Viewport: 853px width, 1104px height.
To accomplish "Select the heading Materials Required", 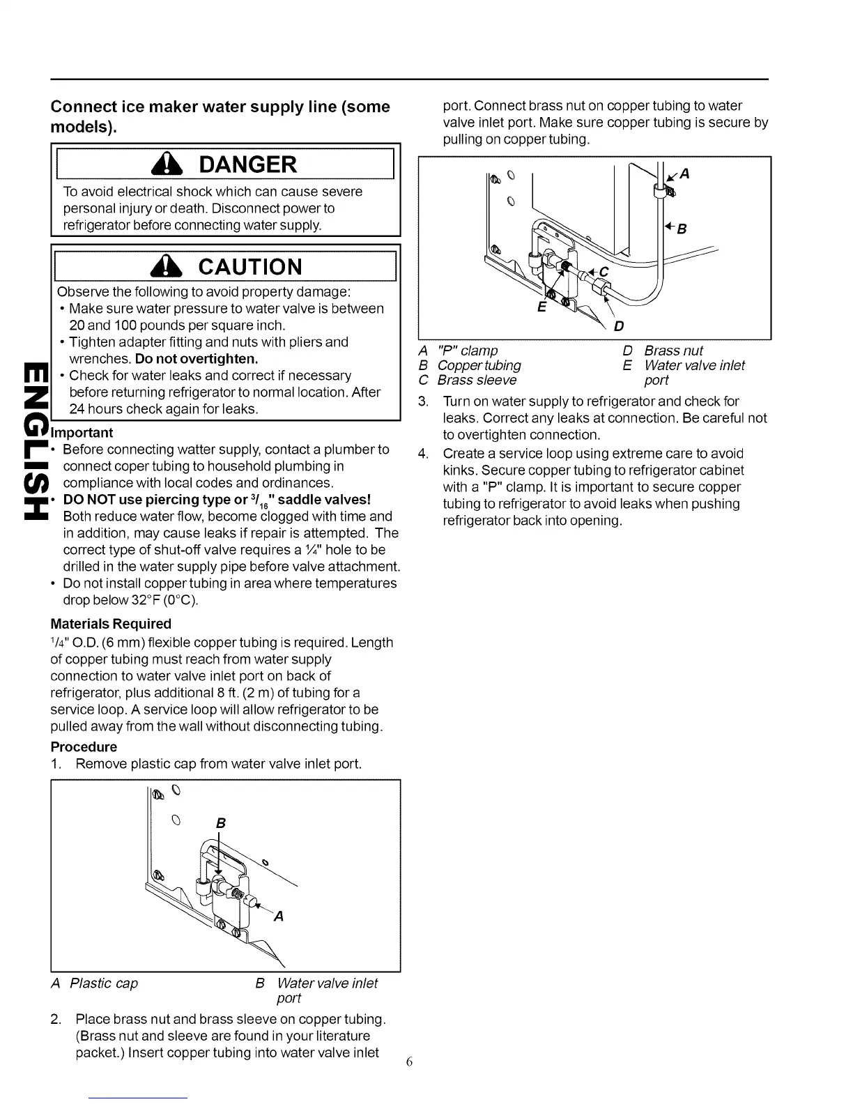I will pos(111,624).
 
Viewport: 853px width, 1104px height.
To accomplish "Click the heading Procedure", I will pos(84,746).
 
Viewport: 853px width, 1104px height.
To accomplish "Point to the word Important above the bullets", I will pos(82,433).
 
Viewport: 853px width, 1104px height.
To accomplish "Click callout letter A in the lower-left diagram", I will pos(279,917).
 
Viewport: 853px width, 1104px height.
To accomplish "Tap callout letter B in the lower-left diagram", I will pos(220,824).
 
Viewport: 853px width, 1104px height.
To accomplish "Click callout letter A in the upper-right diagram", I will pos(684,174).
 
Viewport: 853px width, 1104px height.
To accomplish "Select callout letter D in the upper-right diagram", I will pos(618,326).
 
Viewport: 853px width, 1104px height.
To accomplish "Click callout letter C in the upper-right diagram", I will pos(604,272).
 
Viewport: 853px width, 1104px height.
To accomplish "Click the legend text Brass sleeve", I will pos(477,381).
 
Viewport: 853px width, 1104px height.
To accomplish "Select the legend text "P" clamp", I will pos(467,351).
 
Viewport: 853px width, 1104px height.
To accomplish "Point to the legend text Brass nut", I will pos(673,351).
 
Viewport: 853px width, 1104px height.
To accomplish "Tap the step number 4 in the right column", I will pos(422,454).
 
